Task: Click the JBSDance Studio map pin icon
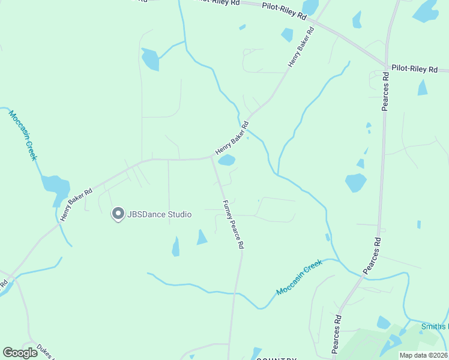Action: pos(118,214)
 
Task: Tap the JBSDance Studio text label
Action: pos(158,214)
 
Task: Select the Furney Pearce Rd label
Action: pos(233,225)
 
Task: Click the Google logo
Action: pos(20,353)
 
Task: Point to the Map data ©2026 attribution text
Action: pos(424,355)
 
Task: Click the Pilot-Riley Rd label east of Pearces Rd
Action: pos(415,69)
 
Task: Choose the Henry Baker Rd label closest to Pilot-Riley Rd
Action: pos(301,46)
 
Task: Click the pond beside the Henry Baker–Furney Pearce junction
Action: pos(226,160)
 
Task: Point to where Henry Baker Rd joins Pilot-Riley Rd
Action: pos(316,23)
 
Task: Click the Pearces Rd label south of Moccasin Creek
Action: pos(337,334)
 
